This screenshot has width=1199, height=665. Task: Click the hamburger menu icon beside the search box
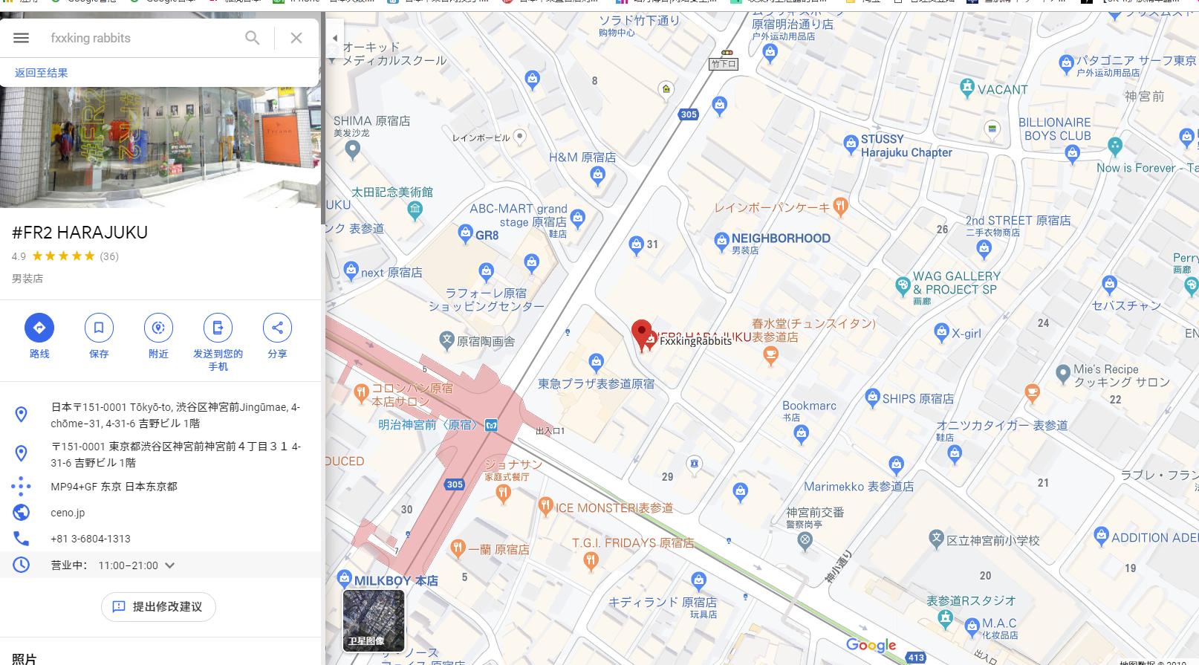click(21, 38)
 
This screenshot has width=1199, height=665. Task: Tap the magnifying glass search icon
click(253, 38)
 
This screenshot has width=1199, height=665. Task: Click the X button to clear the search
click(296, 38)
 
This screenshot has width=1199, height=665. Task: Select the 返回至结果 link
click(42, 73)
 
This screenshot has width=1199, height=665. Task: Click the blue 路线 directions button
click(39, 328)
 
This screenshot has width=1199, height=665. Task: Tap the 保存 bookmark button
click(99, 328)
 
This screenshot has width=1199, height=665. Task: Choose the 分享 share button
click(277, 328)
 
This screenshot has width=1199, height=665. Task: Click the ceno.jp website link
click(68, 513)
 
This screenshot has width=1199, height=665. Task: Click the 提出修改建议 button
click(158, 606)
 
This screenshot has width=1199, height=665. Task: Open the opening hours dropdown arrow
click(170, 565)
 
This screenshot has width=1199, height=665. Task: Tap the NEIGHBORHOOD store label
click(780, 239)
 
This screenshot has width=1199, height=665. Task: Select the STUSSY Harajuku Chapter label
click(906, 146)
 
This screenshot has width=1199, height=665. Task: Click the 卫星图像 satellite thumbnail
click(374, 620)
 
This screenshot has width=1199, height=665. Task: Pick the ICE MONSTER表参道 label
click(614, 508)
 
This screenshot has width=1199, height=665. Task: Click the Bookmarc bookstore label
click(809, 406)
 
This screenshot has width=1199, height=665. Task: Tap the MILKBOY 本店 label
click(395, 580)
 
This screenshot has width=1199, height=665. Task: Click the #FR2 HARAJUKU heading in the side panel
click(80, 233)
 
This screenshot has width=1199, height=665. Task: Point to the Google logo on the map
click(871, 645)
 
